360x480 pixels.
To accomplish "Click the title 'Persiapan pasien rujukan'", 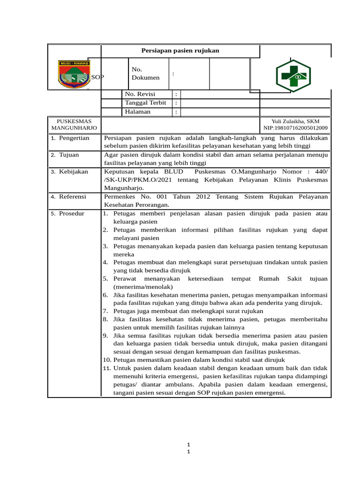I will pos(180,51).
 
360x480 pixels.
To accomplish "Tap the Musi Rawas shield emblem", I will pos(74,74).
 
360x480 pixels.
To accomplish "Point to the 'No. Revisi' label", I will pos(140,94).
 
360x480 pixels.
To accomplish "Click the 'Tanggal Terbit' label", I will pos(145,103).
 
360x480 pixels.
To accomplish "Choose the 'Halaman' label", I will pos(138,112).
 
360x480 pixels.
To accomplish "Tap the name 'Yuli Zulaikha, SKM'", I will pos(295,121).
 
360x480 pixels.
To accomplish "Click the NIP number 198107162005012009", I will pos(295,128).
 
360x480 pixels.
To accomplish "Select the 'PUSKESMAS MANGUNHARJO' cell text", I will pos(74,125).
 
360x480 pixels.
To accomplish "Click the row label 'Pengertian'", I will pos(74,139).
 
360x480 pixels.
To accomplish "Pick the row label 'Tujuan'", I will pos(69,155).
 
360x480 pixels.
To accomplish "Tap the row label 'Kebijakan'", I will pos(73,172).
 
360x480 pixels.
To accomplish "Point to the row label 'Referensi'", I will pos(73,197).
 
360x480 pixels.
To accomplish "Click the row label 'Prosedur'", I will pos(72,214).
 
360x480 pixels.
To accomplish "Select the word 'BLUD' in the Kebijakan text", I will pos(173,172).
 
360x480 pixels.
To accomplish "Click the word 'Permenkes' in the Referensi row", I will pos(119,197).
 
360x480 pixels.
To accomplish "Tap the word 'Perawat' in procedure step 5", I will pos(125,279).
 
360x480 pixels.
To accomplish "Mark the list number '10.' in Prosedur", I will pos(107,360).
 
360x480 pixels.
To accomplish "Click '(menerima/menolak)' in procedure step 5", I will pos(143,287).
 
